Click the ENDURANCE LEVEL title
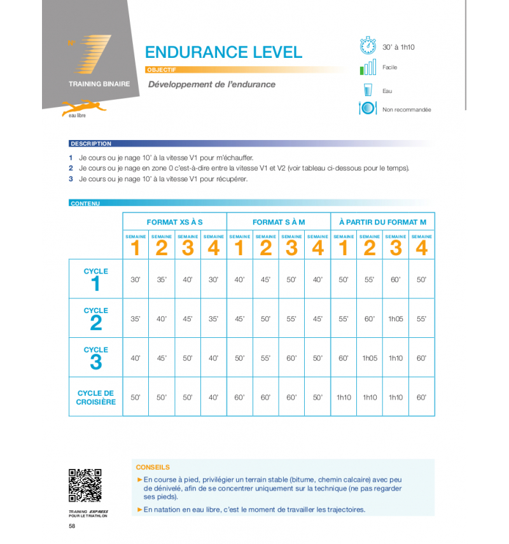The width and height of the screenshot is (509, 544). (x=223, y=52)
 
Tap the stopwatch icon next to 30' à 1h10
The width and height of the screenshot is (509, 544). (x=368, y=46)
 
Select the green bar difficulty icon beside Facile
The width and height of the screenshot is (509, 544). (x=368, y=67)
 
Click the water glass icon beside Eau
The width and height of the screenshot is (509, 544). (x=368, y=90)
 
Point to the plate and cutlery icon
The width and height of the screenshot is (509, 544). (x=368, y=109)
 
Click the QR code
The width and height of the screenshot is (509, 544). (x=85, y=485)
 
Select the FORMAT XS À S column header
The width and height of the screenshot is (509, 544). (x=174, y=222)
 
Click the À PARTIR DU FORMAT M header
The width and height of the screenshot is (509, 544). (x=382, y=222)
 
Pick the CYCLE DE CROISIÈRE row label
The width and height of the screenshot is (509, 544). (x=96, y=398)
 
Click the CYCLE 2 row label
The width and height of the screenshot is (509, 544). (x=96, y=318)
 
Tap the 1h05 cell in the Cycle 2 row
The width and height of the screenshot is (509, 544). (x=396, y=319)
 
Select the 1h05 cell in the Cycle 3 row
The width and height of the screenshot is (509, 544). (x=370, y=358)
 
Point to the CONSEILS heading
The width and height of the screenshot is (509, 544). (x=153, y=467)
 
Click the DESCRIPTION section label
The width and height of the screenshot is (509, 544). (x=91, y=144)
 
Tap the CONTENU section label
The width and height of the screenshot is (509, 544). (x=85, y=204)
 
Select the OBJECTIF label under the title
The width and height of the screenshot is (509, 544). (x=160, y=70)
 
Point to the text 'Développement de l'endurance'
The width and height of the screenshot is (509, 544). (x=212, y=85)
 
